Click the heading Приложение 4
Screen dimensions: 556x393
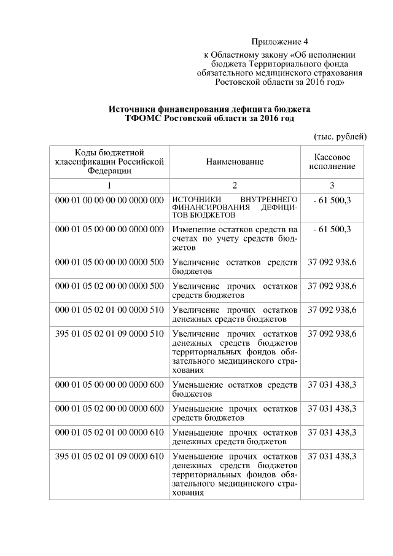click(x=279, y=42)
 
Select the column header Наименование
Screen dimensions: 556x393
click(x=235, y=162)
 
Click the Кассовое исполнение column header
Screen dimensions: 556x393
click(x=332, y=162)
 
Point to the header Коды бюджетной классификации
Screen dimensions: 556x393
click(x=109, y=162)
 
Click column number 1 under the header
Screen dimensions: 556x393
click(x=109, y=186)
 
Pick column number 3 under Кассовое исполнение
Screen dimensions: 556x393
click(x=332, y=186)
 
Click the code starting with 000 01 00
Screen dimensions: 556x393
click(x=109, y=200)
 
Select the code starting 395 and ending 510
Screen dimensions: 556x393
click(x=109, y=334)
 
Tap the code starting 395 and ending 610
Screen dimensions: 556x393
click(x=109, y=456)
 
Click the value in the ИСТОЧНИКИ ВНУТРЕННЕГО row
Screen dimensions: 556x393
click(x=332, y=200)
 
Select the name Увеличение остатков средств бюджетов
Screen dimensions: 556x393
click(x=235, y=266)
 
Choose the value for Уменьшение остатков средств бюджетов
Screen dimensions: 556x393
click(x=332, y=385)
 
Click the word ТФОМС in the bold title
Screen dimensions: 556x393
click(x=141, y=118)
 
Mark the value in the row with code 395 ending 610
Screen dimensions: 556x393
click(x=332, y=456)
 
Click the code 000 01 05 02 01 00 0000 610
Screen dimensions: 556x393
click(x=109, y=433)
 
